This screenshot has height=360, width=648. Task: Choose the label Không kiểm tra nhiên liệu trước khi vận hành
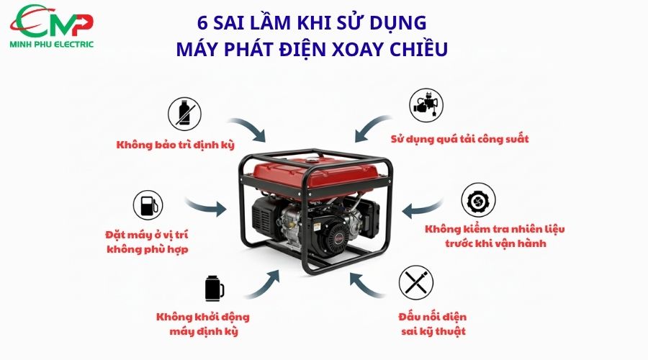[495, 236]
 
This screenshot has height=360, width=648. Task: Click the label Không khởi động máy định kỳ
[203, 324]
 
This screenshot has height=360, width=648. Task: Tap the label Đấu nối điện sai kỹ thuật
[432, 324]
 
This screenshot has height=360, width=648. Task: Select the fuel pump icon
[148, 206]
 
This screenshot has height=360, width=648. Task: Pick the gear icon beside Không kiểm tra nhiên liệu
[477, 200]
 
